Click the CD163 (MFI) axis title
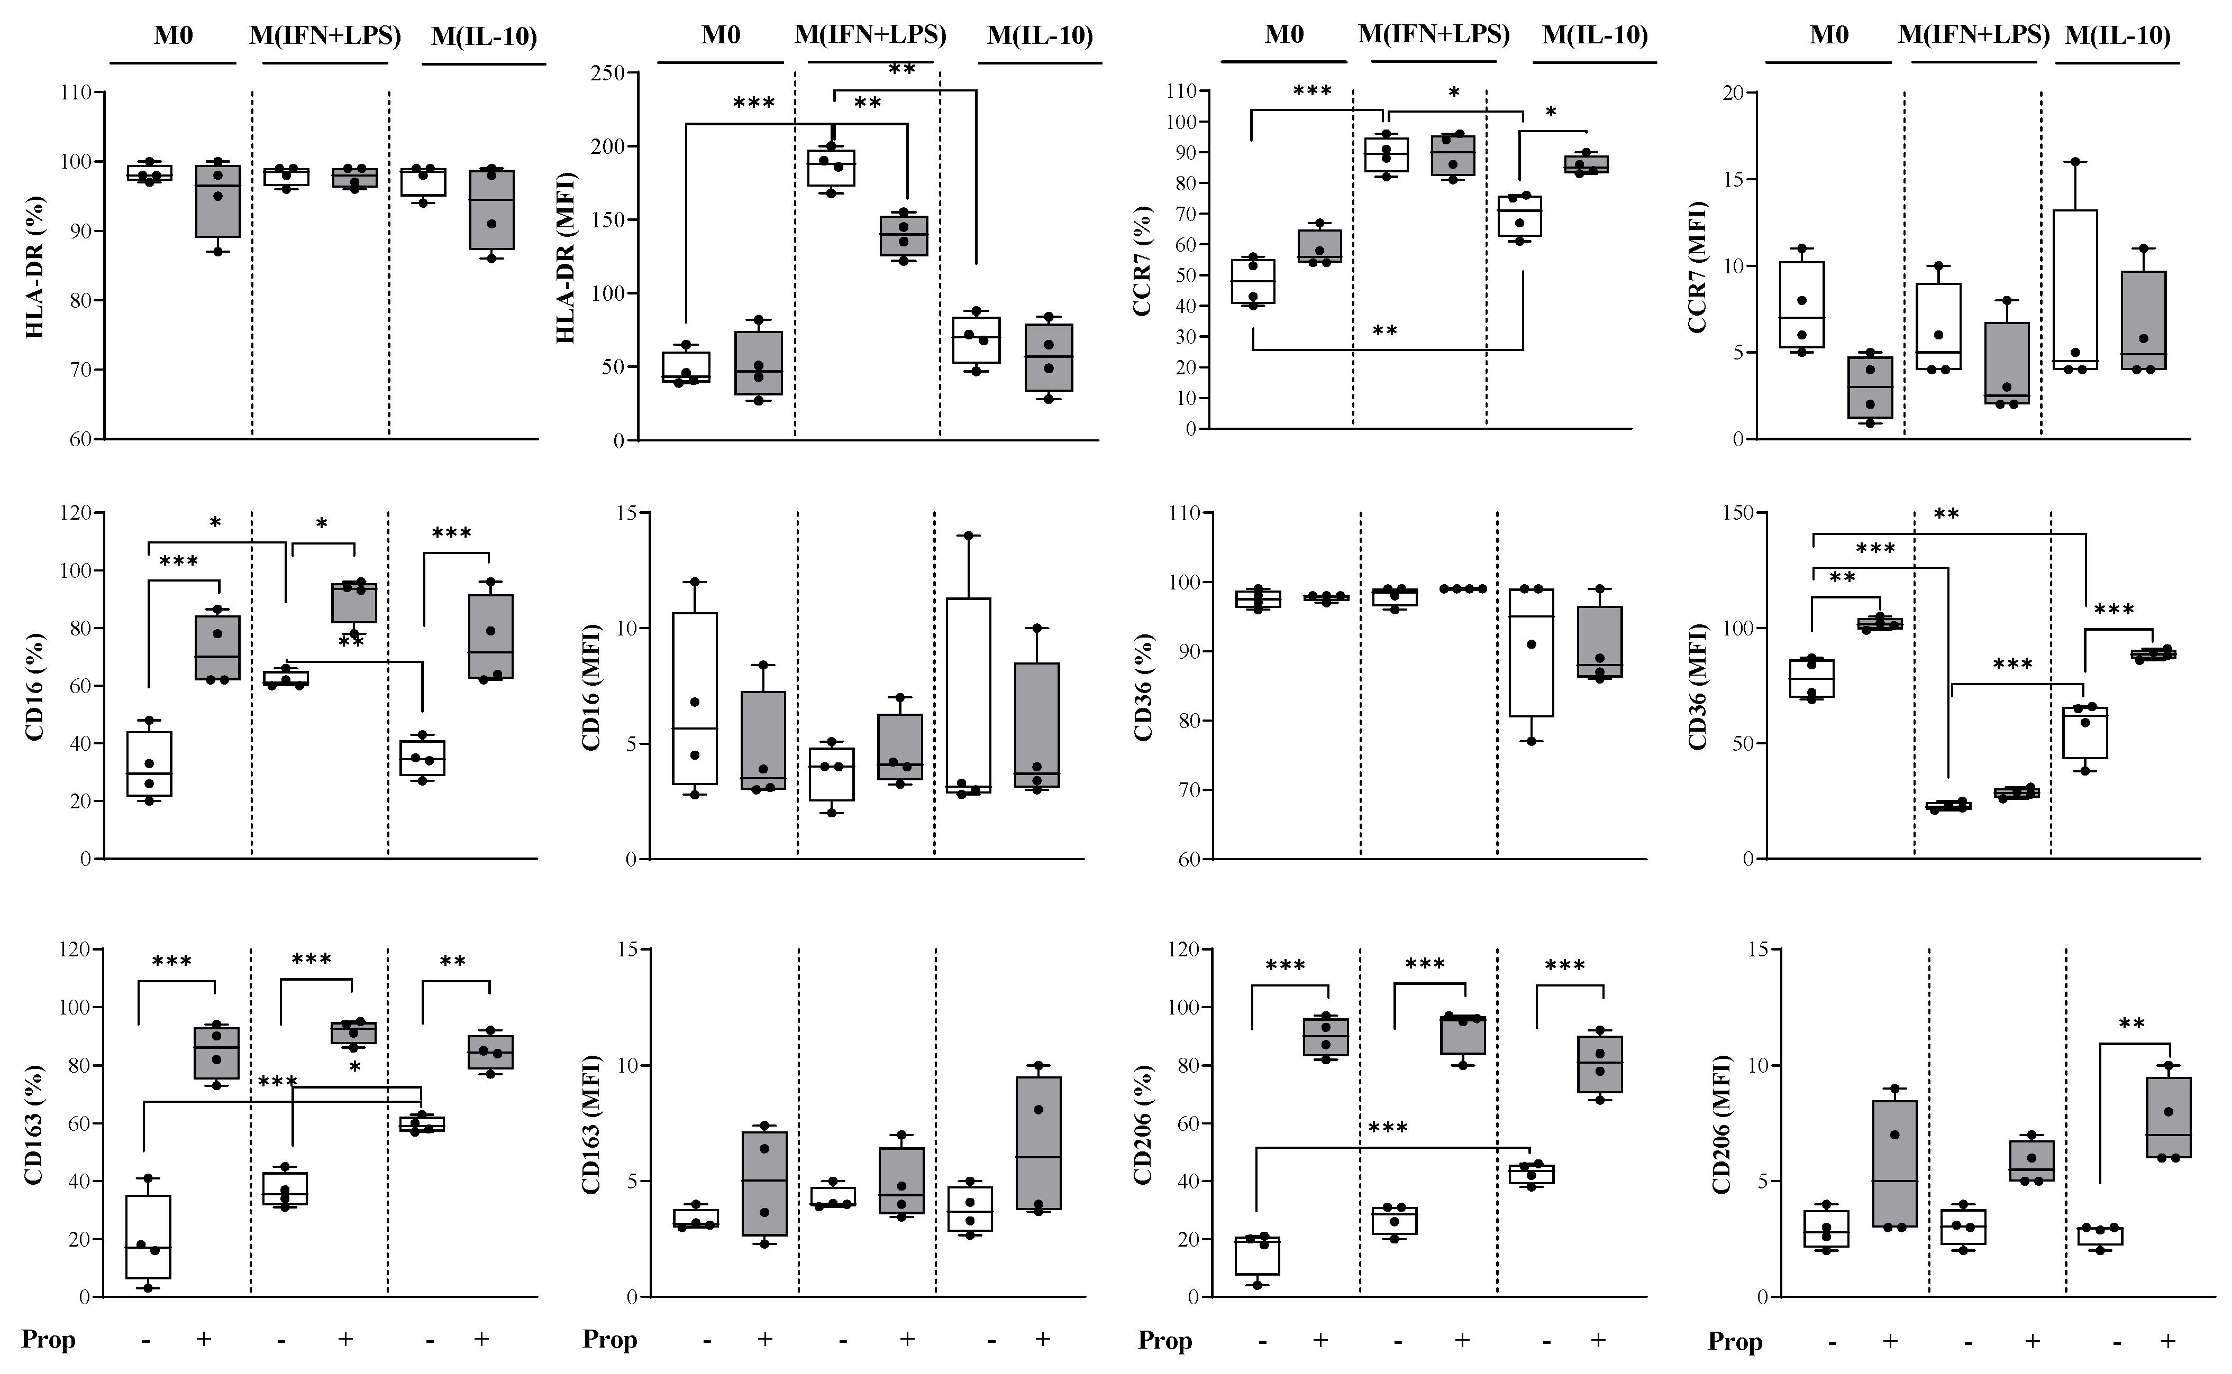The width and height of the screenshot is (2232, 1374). [591, 1124]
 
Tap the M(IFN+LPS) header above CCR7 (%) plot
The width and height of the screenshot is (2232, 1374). [1434, 34]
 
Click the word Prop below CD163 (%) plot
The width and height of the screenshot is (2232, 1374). [48, 1340]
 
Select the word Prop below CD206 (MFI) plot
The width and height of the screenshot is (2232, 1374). [1735, 1341]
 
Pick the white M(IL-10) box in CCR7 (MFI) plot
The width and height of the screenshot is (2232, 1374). [2075, 289]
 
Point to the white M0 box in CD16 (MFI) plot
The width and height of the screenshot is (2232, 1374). [696, 698]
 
